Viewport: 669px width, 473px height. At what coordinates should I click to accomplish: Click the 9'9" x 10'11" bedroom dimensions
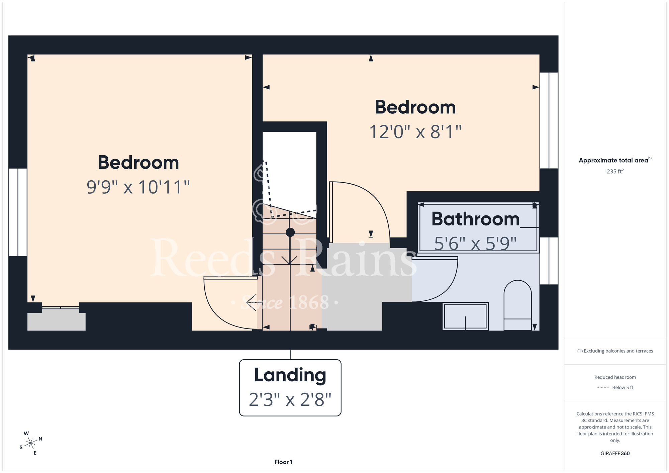coord(138,187)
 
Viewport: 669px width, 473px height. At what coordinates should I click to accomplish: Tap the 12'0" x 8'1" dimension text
coord(415,132)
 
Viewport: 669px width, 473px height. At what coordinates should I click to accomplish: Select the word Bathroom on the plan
coord(476,219)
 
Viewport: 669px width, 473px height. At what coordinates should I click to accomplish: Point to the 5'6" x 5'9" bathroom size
coord(475,244)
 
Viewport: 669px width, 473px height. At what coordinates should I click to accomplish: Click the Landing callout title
coord(290,375)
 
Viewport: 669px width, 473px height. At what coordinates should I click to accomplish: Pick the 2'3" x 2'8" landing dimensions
coord(290,399)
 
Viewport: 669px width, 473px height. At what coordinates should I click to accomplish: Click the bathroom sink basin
coord(465,316)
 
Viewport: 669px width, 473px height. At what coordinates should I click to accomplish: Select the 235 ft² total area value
coord(615,171)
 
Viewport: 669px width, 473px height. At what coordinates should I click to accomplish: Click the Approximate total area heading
coord(615,160)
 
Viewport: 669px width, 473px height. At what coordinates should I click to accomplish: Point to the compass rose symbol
coord(31,443)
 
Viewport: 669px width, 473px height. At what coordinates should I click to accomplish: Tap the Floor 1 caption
coord(283,462)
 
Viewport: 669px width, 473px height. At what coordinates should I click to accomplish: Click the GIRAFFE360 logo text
coord(615,454)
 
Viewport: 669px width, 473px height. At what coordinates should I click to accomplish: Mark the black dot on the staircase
coord(290,232)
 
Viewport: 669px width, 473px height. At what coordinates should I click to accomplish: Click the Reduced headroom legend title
coord(615,377)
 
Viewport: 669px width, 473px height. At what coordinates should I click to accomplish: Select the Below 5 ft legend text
coord(623,387)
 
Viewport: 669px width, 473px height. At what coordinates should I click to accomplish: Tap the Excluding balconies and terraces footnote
coord(615,351)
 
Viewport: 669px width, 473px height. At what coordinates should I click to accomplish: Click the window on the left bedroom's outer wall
coord(18,212)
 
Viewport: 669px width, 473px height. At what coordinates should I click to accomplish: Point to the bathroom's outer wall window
coord(549,261)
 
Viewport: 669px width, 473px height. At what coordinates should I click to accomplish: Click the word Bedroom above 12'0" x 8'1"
coord(415,107)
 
